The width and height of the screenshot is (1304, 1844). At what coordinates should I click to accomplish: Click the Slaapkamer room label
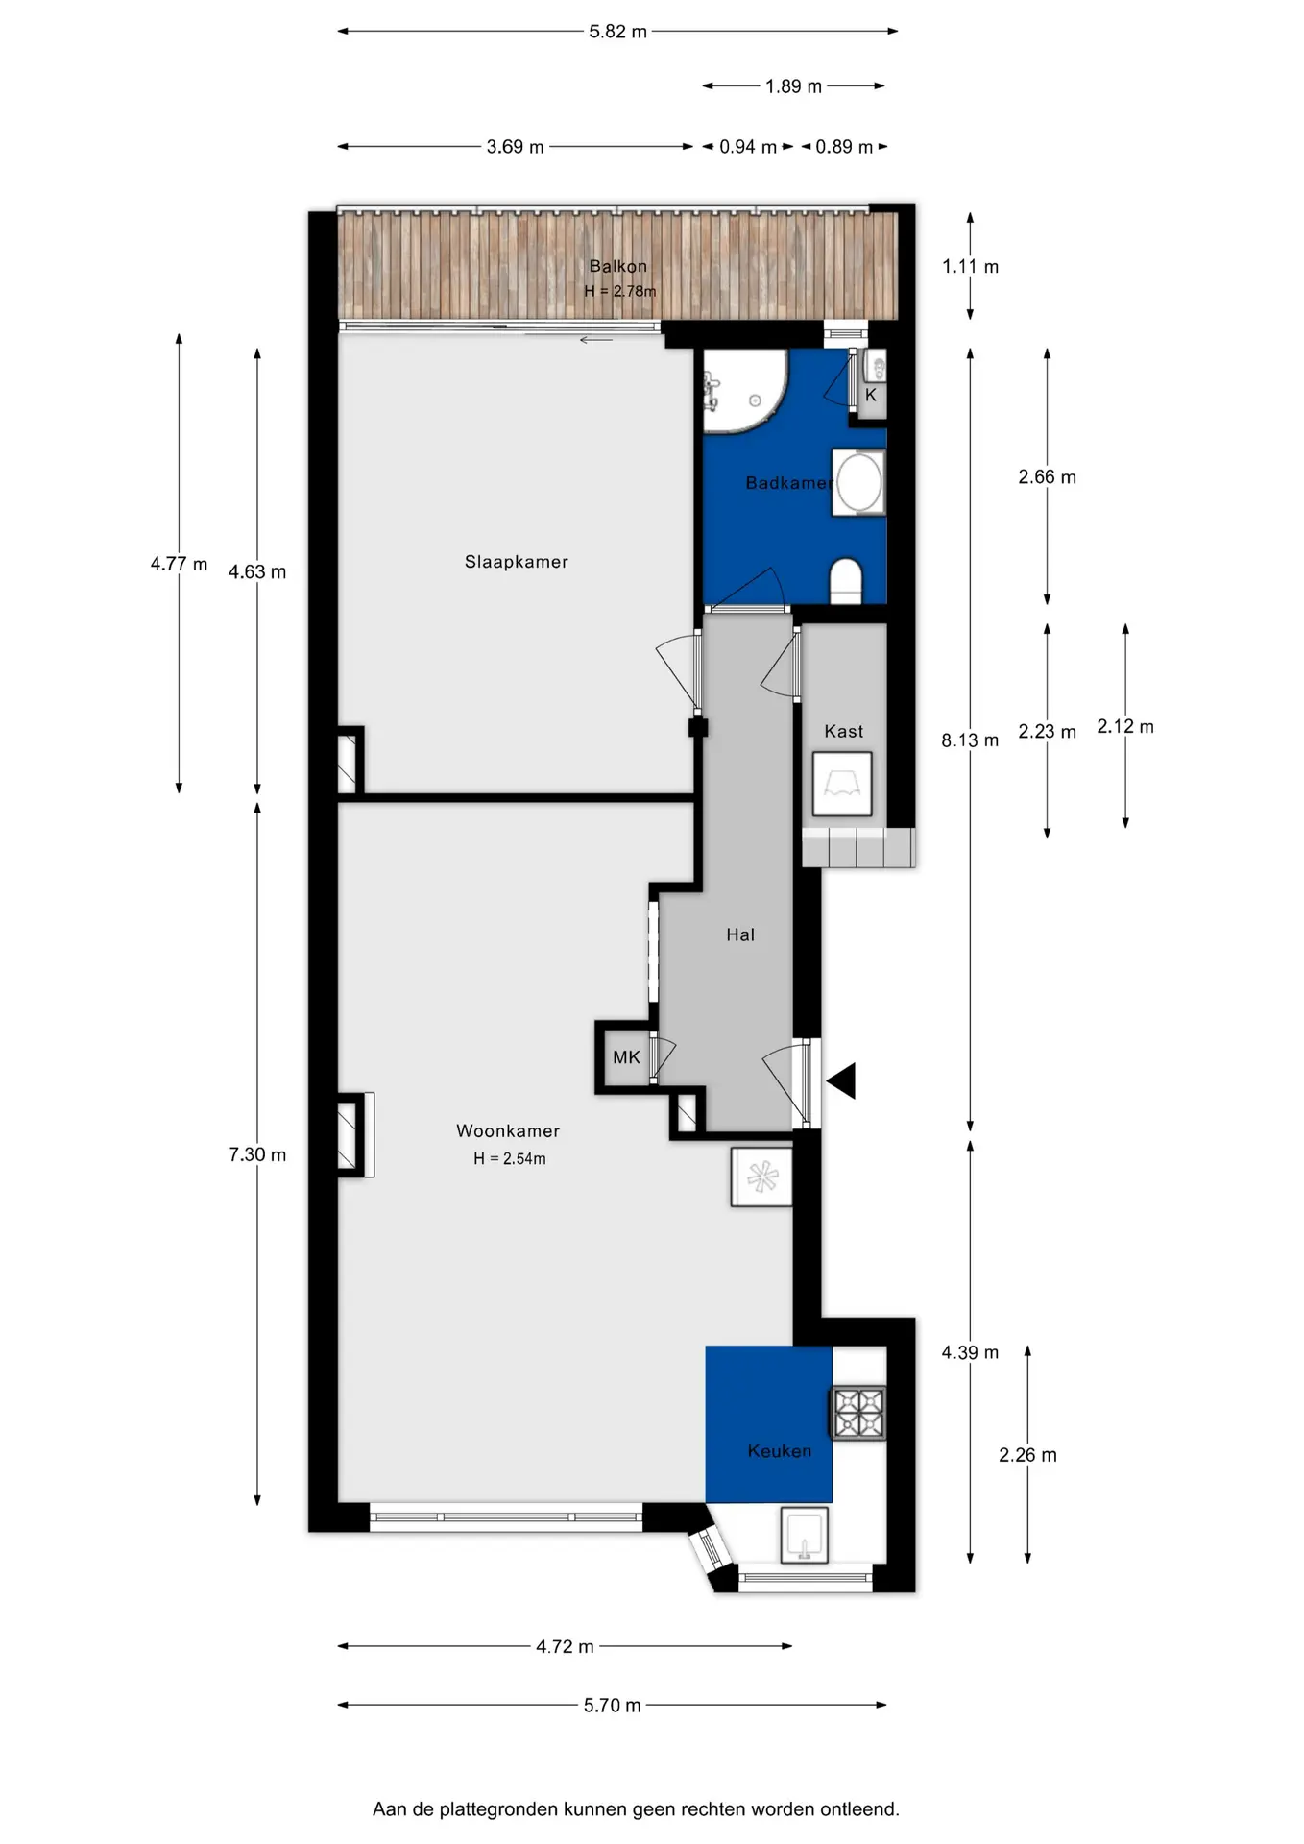coord(516,562)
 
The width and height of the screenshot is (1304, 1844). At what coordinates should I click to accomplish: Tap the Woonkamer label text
coord(507,1131)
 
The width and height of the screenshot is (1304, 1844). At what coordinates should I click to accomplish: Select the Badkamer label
coord(788,483)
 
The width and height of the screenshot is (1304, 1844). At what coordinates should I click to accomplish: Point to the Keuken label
coord(779,1451)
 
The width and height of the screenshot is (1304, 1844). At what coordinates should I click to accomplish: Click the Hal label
coord(740,934)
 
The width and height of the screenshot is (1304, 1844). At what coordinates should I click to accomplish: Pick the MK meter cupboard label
coord(626,1057)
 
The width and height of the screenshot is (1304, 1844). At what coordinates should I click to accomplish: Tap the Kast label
coord(844,732)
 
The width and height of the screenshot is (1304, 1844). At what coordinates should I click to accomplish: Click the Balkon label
coord(617,266)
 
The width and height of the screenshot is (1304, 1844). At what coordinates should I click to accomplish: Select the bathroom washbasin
coord(859,483)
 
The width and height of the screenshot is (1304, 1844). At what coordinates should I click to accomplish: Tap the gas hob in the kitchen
coord(858,1414)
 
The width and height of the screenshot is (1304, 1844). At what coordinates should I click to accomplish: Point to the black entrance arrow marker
coord(841,1081)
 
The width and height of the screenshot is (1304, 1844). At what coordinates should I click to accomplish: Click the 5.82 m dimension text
coord(617,32)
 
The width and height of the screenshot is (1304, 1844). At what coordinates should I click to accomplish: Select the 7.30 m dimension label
coord(257,1154)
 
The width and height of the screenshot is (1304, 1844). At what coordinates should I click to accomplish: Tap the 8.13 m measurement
coord(970,740)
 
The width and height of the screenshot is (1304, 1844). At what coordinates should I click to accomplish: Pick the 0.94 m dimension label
coord(748,147)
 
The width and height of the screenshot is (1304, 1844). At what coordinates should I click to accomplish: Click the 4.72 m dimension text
coord(565,1646)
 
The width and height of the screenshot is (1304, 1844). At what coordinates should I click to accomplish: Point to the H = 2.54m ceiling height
coord(509,1159)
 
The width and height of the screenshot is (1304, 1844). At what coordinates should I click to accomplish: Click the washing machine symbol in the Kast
coord(842,785)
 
